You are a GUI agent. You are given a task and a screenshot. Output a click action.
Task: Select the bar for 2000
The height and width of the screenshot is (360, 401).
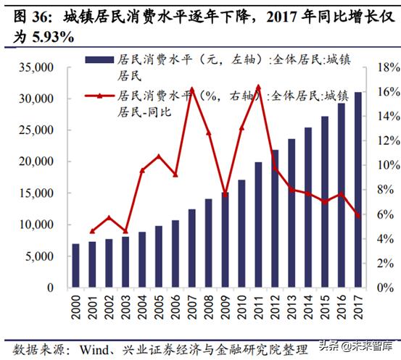76,266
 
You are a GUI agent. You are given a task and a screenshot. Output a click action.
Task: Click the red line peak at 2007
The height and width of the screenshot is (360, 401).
191,88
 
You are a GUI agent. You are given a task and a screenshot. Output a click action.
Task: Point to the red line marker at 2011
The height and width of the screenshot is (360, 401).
259,86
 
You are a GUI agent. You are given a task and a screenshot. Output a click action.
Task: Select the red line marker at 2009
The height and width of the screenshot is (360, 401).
226,195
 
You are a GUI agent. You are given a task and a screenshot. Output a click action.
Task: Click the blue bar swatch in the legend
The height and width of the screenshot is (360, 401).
99,62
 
